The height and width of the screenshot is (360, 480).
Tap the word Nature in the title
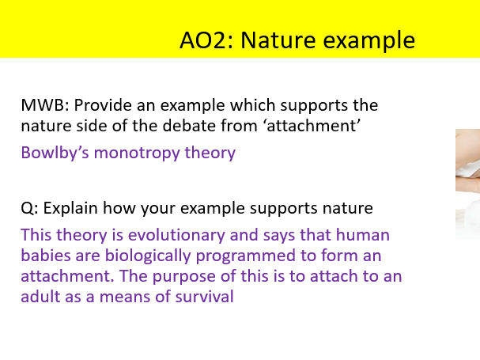(275, 39)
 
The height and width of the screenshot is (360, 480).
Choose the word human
(363, 236)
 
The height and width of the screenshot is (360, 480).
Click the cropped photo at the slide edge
(467, 184)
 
